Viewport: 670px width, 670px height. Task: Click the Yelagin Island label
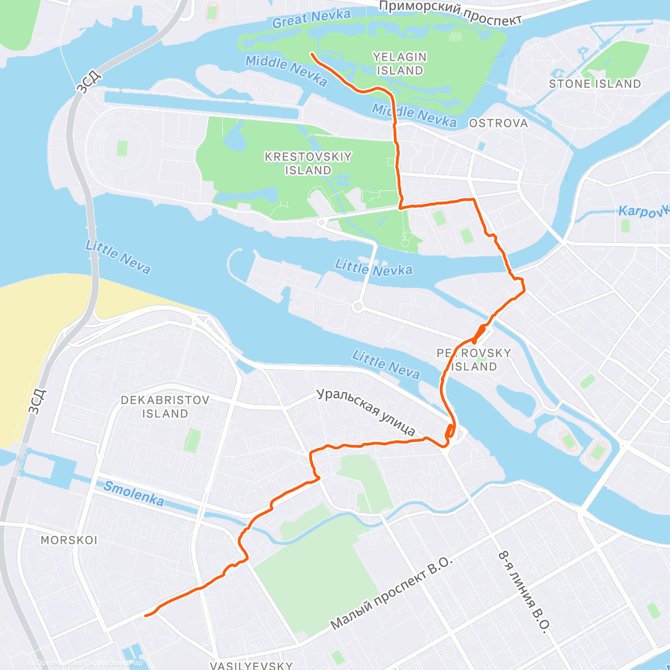click(x=400, y=64)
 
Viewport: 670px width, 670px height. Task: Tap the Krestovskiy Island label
click(x=308, y=163)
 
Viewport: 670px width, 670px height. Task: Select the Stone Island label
click(x=595, y=84)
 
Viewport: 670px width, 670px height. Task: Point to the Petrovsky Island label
click(x=474, y=360)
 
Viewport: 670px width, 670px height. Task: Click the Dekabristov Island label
click(x=165, y=406)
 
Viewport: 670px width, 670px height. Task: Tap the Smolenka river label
click(x=134, y=494)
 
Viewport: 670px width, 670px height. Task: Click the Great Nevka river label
click(x=312, y=18)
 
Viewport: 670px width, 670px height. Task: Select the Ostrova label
click(x=498, y=123)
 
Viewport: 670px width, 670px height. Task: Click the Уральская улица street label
click(x=366, y=411)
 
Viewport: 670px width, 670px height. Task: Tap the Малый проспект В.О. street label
click(x=391, y=593)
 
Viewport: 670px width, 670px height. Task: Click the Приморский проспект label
click(x=450, y=12)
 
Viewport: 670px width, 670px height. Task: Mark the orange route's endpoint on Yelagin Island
click(x=311, y=54)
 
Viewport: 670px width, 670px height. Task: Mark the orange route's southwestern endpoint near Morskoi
click(x=146, y=615)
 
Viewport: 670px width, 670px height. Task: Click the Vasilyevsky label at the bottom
click(x=251, y=665)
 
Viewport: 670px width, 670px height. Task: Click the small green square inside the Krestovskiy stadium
click(x=122, y=149)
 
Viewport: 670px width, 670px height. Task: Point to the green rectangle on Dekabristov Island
click(x=192, y=441)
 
